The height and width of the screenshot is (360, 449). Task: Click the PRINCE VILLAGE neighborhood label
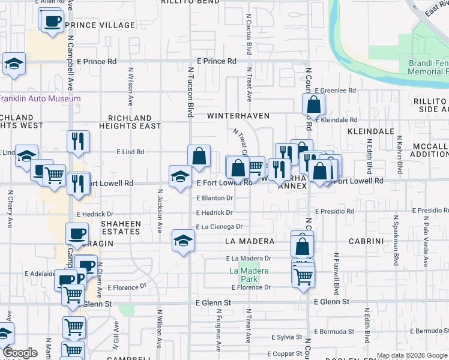(99, 25)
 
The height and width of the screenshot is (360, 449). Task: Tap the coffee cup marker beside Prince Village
(52, 21)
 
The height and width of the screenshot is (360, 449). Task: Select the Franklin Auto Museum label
(39, 98)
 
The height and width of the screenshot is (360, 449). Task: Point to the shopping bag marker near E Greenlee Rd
(314, 106)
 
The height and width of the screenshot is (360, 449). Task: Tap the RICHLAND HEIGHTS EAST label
(134, 122)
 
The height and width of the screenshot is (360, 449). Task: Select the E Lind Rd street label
(131, 152)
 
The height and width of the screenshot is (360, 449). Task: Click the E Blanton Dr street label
(214, 197)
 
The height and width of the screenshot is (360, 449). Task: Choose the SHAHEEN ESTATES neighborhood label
(121, 227)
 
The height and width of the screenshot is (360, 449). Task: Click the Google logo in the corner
(20, 353)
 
